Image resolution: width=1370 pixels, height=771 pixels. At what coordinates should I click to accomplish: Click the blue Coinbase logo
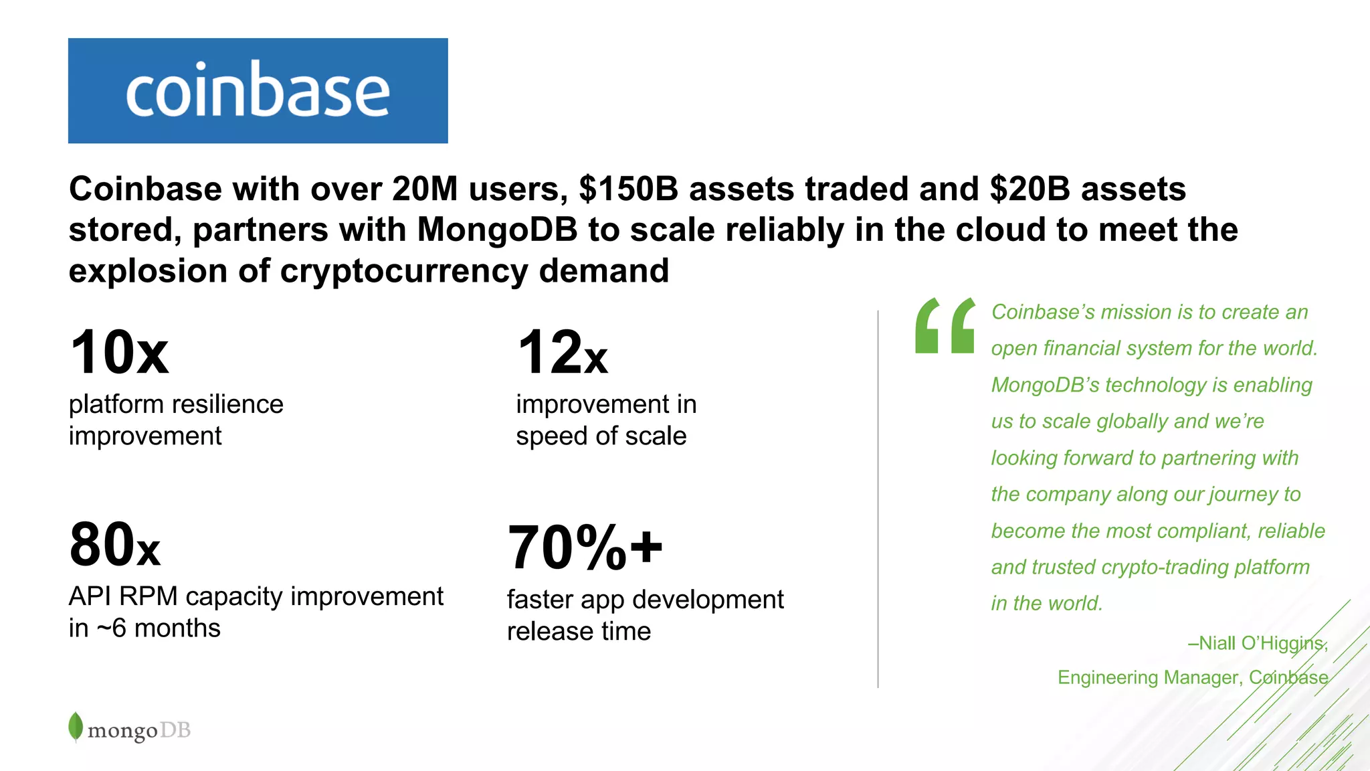click(258, 90)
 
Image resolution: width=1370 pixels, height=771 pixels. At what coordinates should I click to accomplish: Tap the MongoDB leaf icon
click(76, 726)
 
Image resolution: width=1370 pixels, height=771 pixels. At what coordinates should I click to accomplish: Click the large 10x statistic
click(119, 353)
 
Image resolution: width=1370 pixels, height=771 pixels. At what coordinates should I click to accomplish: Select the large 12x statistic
click(562, 353)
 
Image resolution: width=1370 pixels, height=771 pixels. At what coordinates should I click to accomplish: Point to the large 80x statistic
click(114, 545)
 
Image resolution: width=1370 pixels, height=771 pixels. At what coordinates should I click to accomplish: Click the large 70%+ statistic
click(585, 547)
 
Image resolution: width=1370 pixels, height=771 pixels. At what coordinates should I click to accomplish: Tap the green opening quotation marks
click(945, 326)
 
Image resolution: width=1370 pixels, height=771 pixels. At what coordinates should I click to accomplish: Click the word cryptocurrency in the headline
click(404, 271)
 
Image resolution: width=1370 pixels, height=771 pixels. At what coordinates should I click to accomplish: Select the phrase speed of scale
click(601, 436)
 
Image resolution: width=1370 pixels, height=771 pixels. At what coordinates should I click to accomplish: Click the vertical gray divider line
click(878, 499)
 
